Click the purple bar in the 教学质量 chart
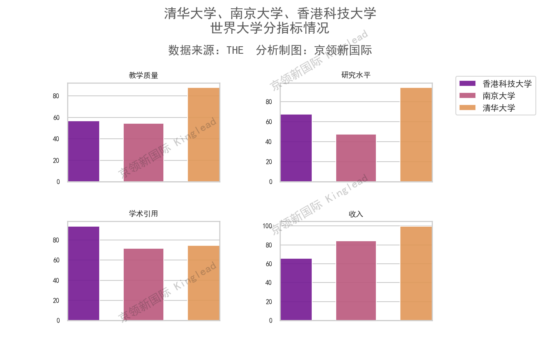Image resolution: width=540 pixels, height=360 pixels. click(84, 151)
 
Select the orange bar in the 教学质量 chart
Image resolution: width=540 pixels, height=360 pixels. click(204, 135)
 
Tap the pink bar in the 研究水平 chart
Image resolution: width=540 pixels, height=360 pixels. click(356, 158)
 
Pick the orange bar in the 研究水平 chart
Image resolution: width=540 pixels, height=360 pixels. click(416, 135)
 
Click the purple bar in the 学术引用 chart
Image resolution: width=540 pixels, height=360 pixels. click(84, 273)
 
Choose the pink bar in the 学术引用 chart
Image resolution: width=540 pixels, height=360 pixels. click(143, 285)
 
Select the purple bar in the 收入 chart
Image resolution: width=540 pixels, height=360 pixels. click(296, 290)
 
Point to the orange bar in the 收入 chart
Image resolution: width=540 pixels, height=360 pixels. click(416, 273)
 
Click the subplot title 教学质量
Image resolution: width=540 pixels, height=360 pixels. click(143, 75)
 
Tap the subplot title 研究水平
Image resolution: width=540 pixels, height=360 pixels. click(356, 75)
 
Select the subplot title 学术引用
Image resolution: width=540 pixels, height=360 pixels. click(143, 214)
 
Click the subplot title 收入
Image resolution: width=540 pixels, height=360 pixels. click(356, 214)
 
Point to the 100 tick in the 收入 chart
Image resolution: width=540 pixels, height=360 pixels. click(267, 226)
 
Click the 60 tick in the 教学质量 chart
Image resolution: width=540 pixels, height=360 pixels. click(56, 117)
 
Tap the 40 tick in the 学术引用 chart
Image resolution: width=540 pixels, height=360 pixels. click(56, 280)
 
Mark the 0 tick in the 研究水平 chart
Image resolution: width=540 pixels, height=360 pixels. click(270, 182)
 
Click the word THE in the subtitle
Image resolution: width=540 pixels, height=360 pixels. click(235, 50)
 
